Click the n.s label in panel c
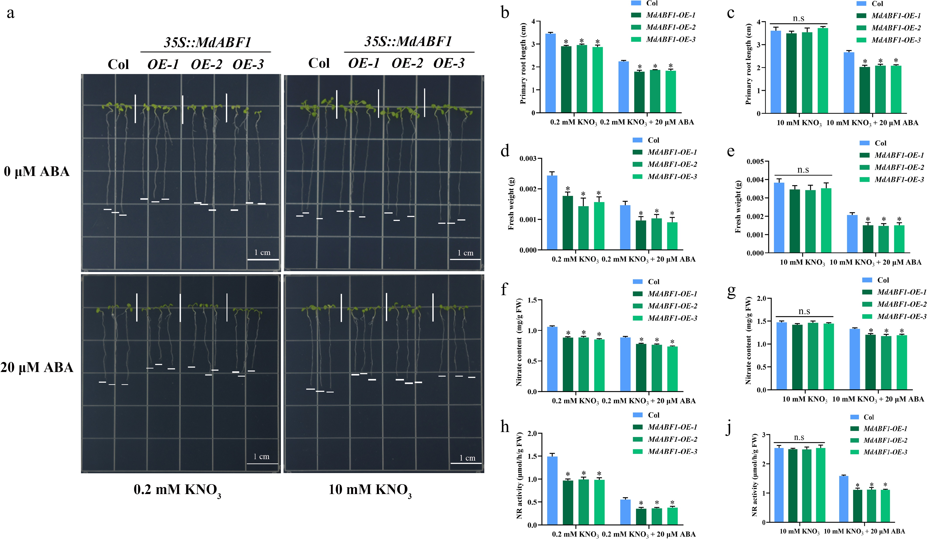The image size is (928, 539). tap(798, 18)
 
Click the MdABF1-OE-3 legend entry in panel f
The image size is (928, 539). tap(672, 318)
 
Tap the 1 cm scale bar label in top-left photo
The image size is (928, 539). tap(262, 253)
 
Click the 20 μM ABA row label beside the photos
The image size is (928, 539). tap(37, 368)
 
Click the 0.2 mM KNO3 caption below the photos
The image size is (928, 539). tap(177, 490)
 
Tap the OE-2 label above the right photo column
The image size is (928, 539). tap(407, 63)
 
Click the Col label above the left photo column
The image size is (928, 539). tap(118, 64)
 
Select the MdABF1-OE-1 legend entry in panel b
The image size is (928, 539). tap(670, 15)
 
